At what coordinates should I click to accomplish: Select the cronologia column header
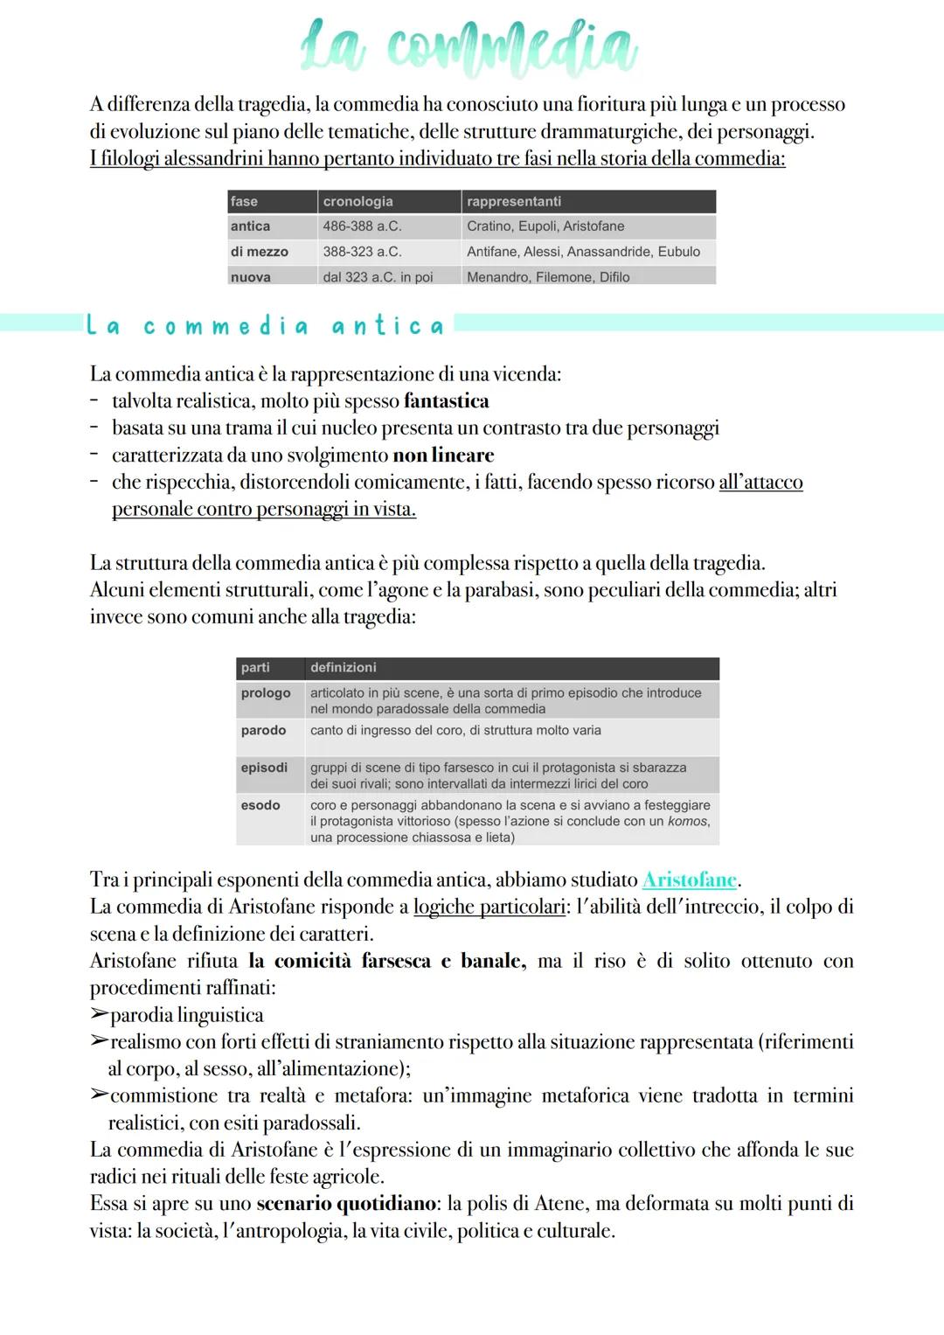(357, 201)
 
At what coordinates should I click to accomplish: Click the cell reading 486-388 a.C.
(362, 226)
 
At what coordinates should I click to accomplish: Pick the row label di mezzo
(259, 252)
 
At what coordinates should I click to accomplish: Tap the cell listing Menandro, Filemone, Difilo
(548, 277)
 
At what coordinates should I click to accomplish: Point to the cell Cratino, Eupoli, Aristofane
(545, 226)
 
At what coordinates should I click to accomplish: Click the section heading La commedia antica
(265, 327)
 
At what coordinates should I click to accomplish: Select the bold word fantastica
(446, 401)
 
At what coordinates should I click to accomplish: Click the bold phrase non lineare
(443, 455)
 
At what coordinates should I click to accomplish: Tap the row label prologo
(266, 693)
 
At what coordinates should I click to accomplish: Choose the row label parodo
(263, 731)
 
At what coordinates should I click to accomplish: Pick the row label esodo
(260, 805)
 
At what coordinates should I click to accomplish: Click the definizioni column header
(343, 668)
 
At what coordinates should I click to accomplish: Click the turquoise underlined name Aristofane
(690, 880)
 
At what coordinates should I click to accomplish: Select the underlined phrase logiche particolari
(489, 907)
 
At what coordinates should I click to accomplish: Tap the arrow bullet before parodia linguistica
(99, 1015)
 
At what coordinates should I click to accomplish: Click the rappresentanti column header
(514, 201)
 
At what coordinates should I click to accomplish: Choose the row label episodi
(264, 768)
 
